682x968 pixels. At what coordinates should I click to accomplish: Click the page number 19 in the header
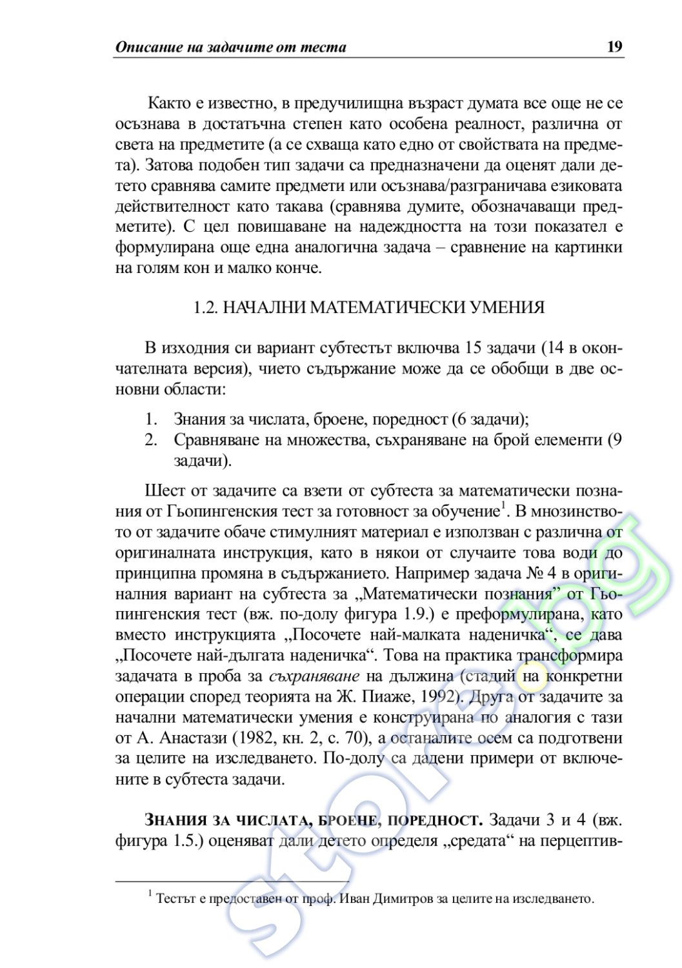click(614, 47)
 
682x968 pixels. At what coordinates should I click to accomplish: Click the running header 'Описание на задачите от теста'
click(230, 47)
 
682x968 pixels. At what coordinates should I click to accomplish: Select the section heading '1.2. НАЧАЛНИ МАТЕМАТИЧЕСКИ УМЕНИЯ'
click(369, 308)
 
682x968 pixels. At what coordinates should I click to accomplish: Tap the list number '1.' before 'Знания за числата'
click(152, 419)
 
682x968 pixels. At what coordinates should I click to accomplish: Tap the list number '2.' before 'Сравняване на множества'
click(152, 441)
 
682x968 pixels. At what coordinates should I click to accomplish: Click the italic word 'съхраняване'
click(314, 676)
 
